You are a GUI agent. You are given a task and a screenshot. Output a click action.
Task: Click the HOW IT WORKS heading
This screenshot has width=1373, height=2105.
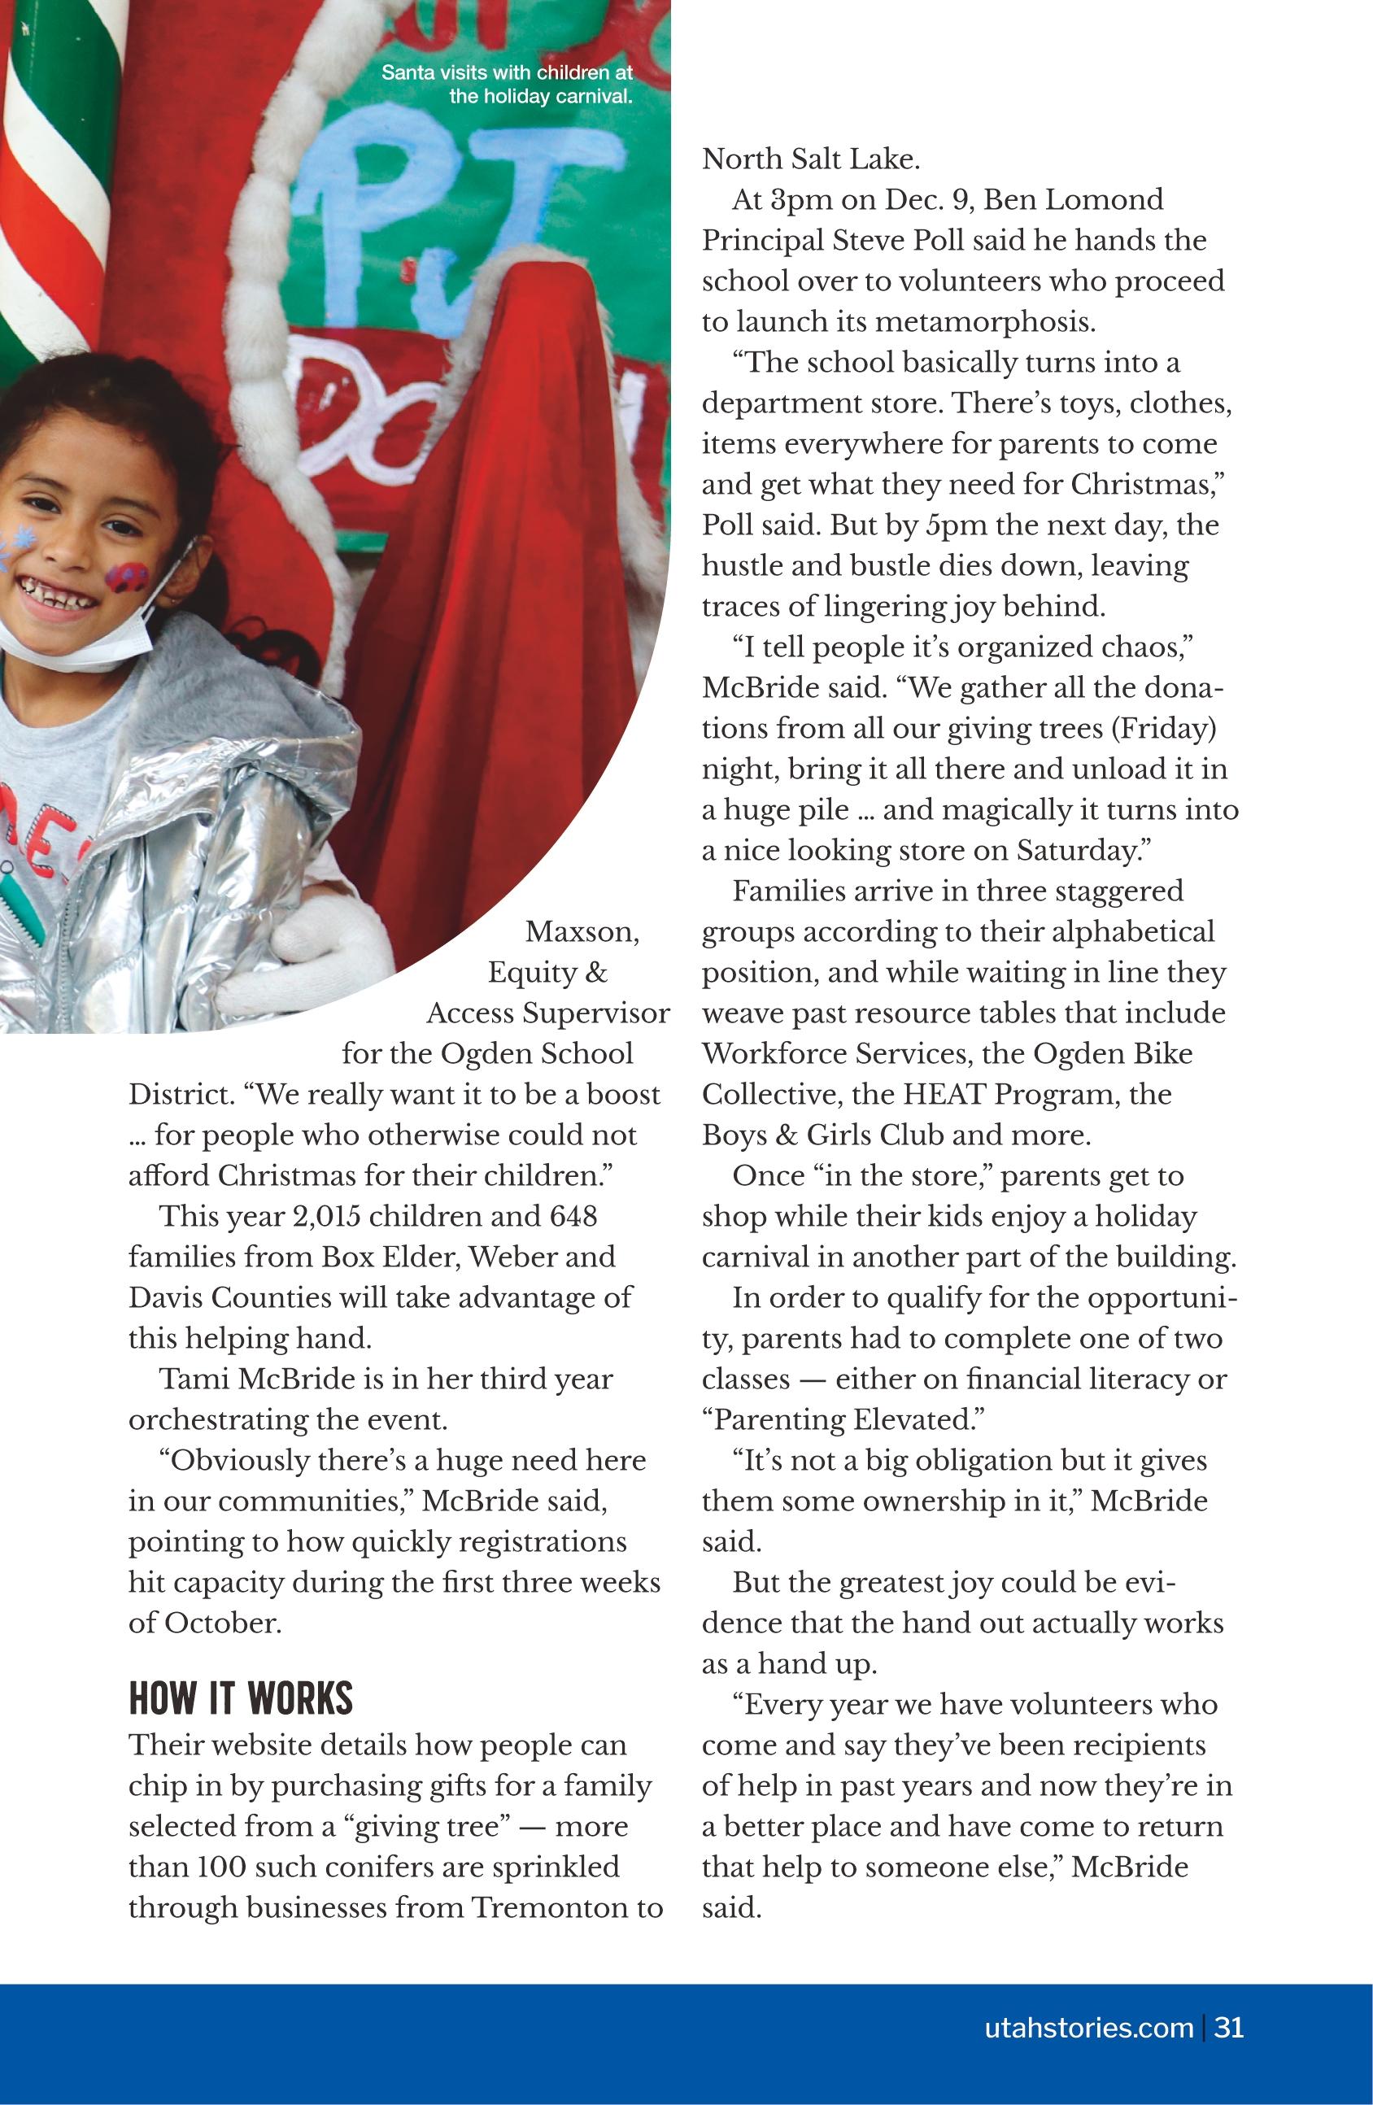[x=241, y=1698]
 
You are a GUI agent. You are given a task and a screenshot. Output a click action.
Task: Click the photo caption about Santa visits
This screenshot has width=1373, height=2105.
[x=507, y=84]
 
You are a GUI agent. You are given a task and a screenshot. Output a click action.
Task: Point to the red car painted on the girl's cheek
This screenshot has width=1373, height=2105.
[x=129, y=576]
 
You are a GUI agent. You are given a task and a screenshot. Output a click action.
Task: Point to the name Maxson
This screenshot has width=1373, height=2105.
[x=582, y=931]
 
